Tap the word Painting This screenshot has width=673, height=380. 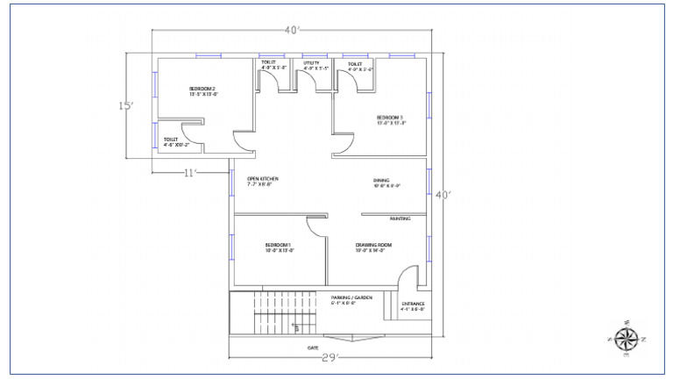(400, 219)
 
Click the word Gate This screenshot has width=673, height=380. (312, 348)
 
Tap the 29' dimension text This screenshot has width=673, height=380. (329, 358)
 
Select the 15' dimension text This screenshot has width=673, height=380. (127, 106)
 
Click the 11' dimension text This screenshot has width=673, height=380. (190, 172)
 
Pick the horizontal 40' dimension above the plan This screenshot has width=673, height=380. (293, 31)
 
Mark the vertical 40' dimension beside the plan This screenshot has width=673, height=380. (443, 195)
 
